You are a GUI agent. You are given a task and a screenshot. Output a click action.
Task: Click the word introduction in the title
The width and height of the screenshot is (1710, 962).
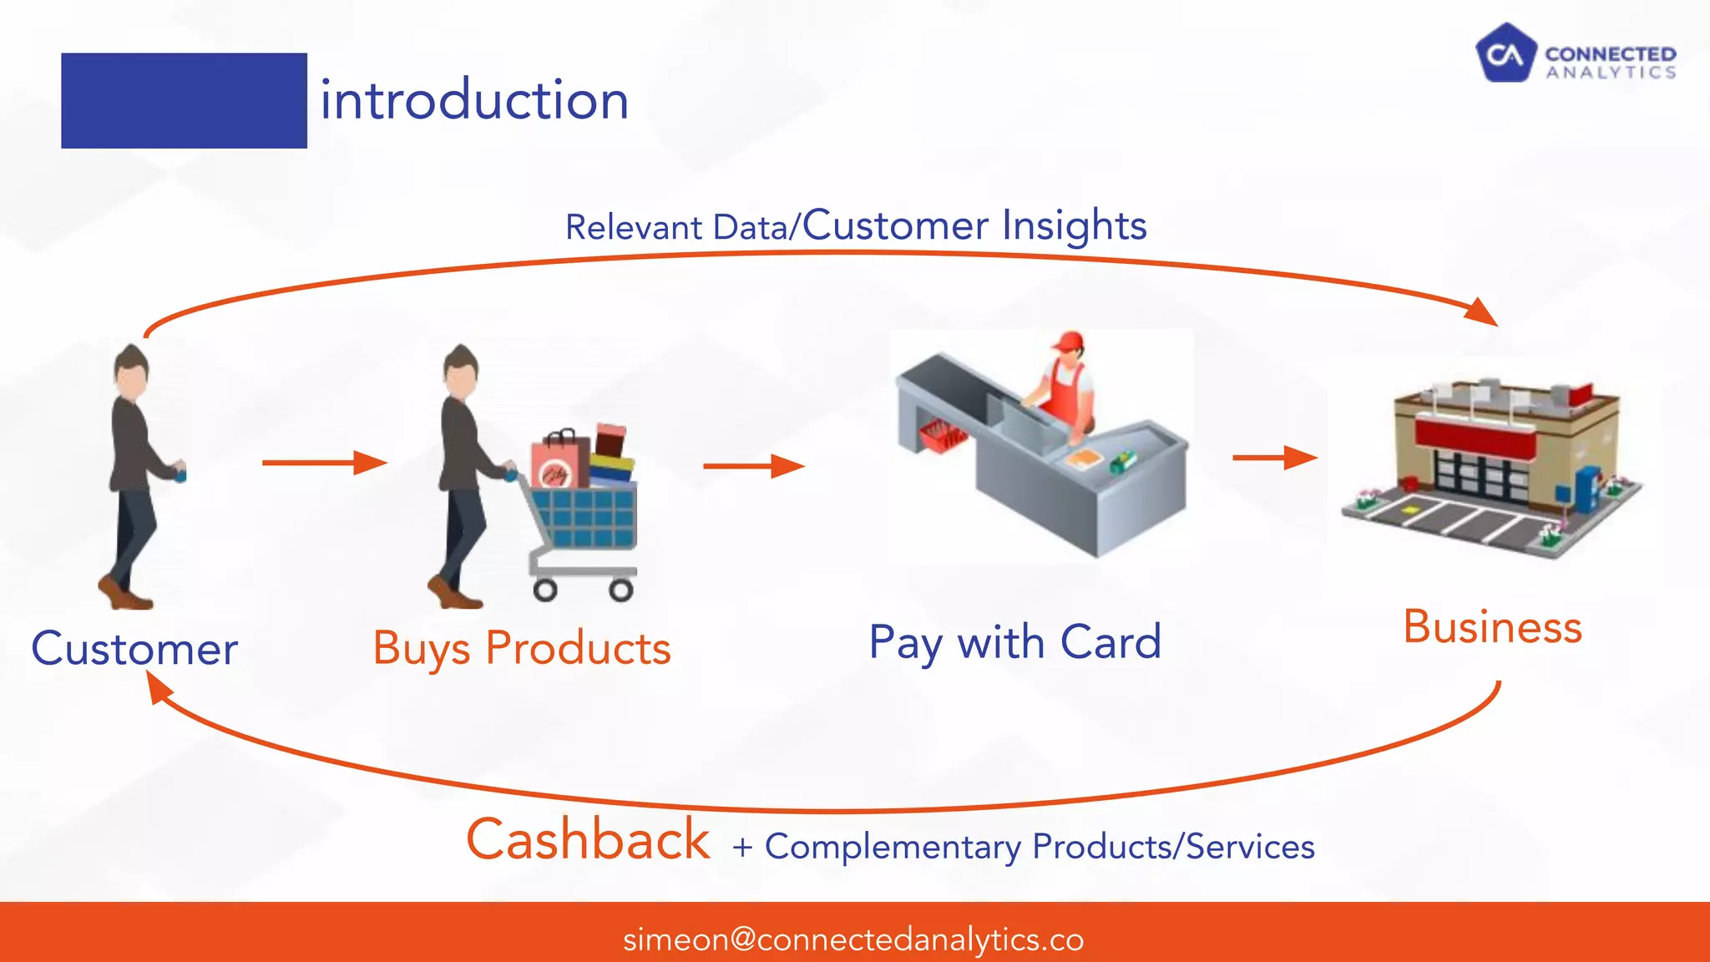474,100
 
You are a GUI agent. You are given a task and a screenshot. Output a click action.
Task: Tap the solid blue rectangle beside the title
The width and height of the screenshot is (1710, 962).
184,101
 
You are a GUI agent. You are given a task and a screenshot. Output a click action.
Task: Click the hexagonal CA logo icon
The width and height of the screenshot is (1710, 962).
1505,53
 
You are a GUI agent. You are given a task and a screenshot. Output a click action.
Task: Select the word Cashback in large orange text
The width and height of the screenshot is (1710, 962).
588,839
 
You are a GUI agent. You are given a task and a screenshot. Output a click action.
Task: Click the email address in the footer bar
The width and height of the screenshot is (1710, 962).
853,939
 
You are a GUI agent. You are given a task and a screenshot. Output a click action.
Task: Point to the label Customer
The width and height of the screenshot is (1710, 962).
134,649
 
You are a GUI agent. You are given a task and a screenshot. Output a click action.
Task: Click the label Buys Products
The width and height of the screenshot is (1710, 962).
522,649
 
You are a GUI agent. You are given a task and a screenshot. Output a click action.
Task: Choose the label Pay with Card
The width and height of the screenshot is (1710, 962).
1014,642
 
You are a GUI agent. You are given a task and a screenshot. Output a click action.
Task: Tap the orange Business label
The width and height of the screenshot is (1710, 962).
1492,627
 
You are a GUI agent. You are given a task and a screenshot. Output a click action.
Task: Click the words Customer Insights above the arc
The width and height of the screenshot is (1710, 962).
974,225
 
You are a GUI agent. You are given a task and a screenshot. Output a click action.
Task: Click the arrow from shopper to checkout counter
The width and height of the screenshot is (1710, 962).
753,466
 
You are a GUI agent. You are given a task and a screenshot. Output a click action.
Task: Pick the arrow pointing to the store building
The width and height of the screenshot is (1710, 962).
1274,458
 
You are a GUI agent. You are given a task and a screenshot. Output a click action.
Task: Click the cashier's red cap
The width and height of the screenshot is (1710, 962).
1066,342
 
